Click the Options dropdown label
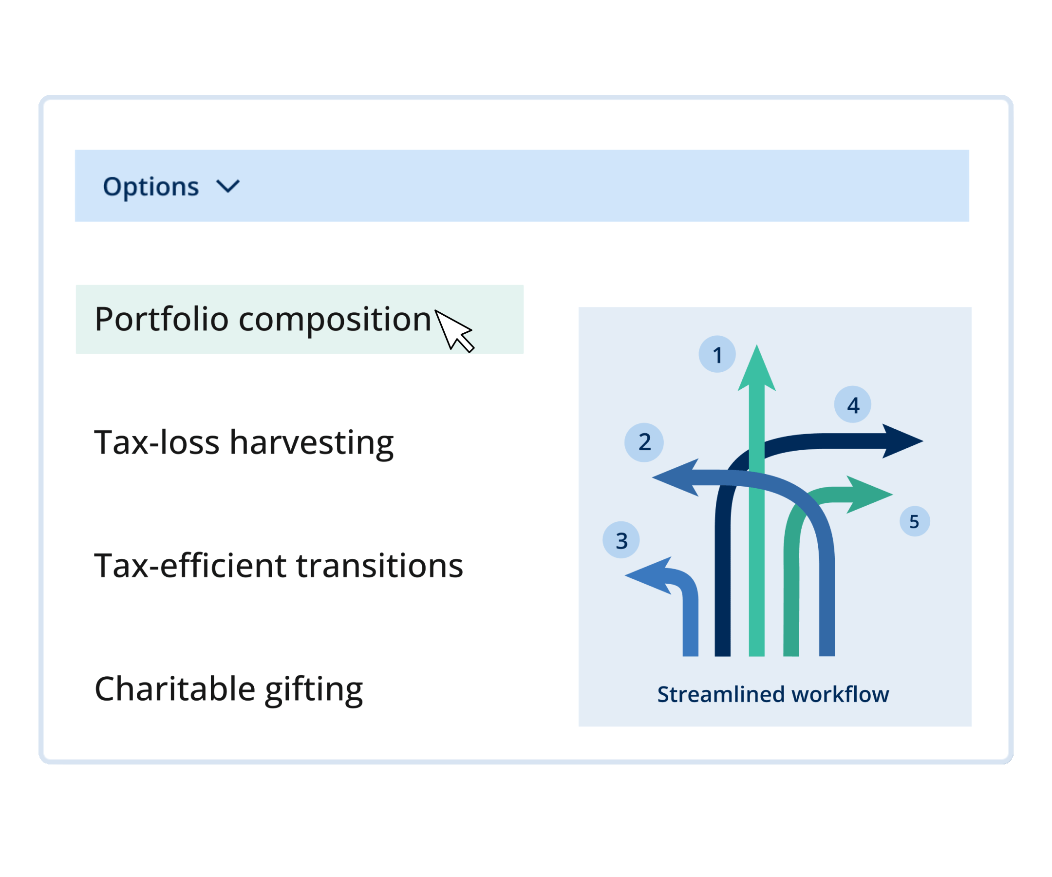[x=151, y=187]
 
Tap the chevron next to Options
[x=228, y=187]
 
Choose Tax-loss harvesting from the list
[x=244, y=443]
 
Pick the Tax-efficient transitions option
[x=279, y=566]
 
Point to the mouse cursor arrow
[x=453, y=330]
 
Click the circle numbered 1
[x=717, y=354]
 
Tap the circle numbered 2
[x=644, y=442]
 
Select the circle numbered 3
[x=621, y=540]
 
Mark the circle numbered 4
[x=853, y=404]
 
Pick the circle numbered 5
[x=915, y=521]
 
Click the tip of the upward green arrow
[x=757, y=345]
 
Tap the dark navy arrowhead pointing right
[x=902, y=441]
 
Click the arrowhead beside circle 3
[x=648, y=575]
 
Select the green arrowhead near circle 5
[x=870, y=495]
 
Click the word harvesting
[x=312, y=443]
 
